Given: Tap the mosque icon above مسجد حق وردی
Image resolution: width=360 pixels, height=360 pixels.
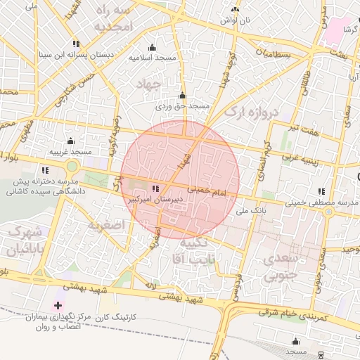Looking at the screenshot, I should (x=182, y=95).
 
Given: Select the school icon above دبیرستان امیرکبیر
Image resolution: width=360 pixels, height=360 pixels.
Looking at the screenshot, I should (x=155, y=188).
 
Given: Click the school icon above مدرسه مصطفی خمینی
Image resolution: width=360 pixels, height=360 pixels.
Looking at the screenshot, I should (x=321, y=191).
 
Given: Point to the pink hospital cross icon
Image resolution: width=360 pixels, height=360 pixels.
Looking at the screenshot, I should (x=58, y=306).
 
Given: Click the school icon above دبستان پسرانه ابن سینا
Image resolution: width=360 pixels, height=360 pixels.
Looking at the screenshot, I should (x=76, y=44).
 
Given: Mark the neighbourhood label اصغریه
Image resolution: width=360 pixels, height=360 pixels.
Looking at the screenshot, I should (x=106, y=225).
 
